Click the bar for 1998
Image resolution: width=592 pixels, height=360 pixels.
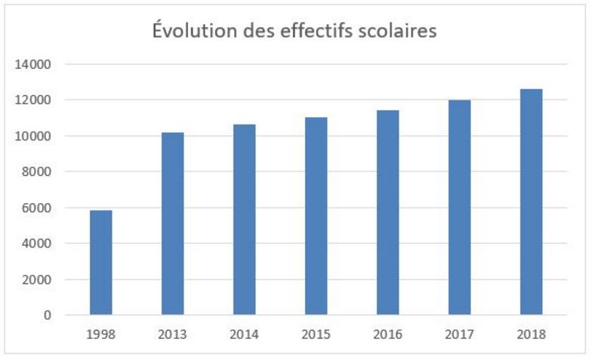(x=100, y=263)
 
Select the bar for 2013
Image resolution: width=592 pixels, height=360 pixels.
(x=172, y=223)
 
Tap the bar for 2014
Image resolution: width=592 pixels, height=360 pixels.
(x=244, y=220)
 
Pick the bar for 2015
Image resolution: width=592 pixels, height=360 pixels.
(x=316, y=216)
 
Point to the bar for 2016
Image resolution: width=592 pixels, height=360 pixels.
(x=387, y=212)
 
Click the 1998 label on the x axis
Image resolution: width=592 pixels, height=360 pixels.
(x=100, y=333)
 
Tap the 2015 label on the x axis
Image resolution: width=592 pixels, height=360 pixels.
(x=316, y=333)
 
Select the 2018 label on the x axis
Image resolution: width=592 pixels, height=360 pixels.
(x=531, y=333)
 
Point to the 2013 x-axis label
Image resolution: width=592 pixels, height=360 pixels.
(x=172, y=333)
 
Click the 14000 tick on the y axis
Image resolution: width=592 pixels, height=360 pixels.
(x=33, y=64)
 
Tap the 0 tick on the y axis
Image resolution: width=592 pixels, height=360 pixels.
(x=47, y=315)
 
